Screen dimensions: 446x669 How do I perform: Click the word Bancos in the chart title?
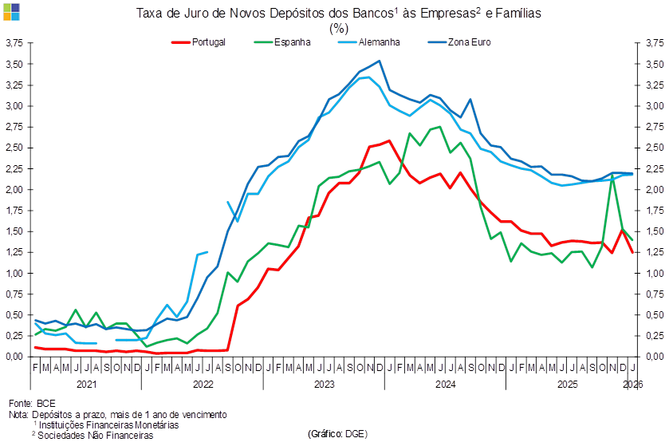(x=372, y=14)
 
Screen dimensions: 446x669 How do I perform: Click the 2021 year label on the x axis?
(x=86, y=384)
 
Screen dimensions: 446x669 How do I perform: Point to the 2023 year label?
(x=323, y=384)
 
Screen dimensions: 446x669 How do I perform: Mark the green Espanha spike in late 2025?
(x=612, y=177)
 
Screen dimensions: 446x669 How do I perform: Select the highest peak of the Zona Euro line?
(x=380, y=60)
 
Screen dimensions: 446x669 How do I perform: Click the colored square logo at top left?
(x=11, y=10)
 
